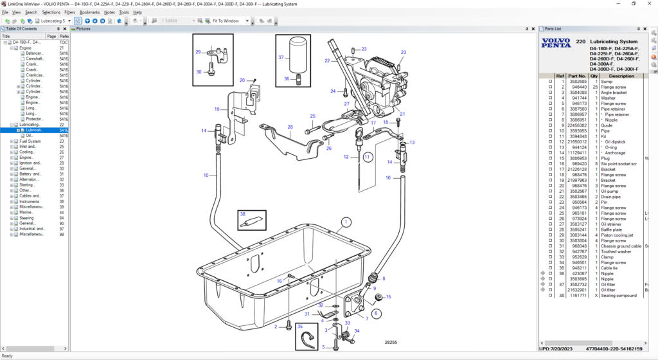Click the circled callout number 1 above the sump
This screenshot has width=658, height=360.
point(346,222)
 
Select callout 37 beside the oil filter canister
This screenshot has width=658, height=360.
point(281,57)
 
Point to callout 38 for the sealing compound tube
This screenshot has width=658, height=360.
point(243,214)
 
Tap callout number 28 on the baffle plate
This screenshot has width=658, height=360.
point(290,127)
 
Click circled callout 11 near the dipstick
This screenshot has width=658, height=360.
point(367,156)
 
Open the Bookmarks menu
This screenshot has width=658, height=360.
point(90,12)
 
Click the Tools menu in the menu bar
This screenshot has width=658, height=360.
point(124,12)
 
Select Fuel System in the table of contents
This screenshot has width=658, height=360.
point(30,141)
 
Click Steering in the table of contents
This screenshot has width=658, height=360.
point(26,218)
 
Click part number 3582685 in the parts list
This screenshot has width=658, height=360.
point(577,82)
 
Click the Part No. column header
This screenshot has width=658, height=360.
point(577,76)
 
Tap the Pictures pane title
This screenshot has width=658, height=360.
point(84,29)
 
